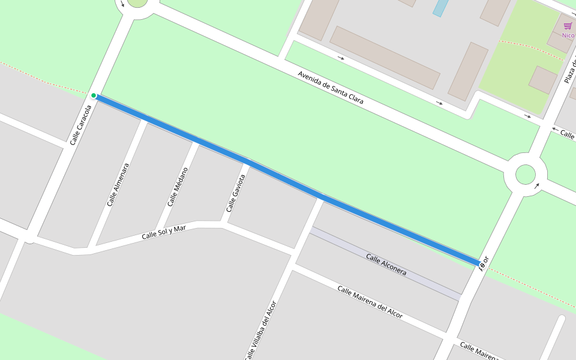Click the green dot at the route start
[94, 95]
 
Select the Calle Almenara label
[118, 184]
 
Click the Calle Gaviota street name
[236, 193]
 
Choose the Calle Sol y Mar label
[168, 232]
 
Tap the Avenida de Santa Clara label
[331, 88]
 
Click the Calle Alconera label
[386, 265]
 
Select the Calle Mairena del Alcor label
[370, 302]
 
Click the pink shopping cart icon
[568, 26]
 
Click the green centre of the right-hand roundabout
[525, 175]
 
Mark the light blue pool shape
[440, 7]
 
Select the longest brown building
[385, 58]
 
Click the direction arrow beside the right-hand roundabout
[537, 185]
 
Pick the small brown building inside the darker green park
[543, 80]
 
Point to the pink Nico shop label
[568, 35]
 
